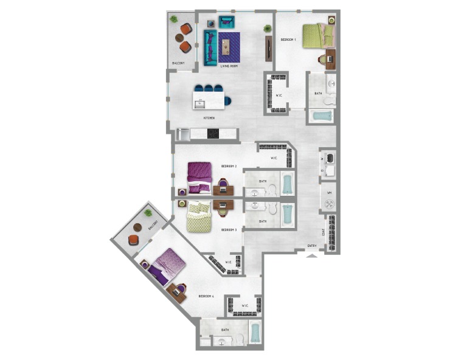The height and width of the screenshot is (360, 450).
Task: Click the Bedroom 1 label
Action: (288, 40)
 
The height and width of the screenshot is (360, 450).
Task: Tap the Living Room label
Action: (220, 65)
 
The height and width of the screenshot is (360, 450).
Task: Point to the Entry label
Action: (312, 246)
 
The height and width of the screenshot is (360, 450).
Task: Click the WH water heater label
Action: (329, 193)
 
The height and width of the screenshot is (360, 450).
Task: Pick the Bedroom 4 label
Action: (206, 296)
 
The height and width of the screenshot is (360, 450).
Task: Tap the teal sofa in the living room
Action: (210, 47)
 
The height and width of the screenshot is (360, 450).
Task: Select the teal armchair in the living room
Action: (226, 23)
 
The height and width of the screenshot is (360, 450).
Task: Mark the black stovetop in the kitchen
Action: (213, 134)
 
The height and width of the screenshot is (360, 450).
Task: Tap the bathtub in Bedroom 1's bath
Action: (320, 116)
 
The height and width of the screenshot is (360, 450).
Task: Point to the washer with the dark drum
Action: (331, 158)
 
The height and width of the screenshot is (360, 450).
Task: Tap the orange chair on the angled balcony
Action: (133, 240)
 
